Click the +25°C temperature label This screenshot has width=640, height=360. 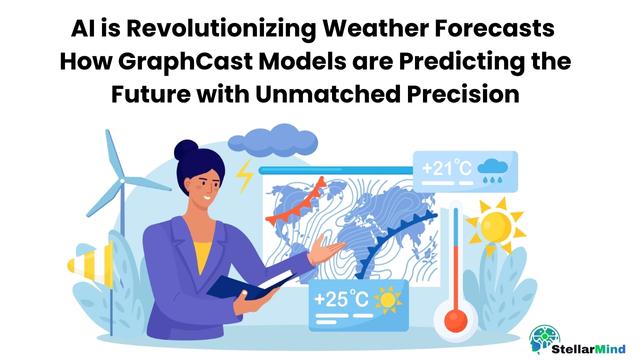[x=342, y=298]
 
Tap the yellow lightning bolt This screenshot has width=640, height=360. [x=244, y=176]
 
